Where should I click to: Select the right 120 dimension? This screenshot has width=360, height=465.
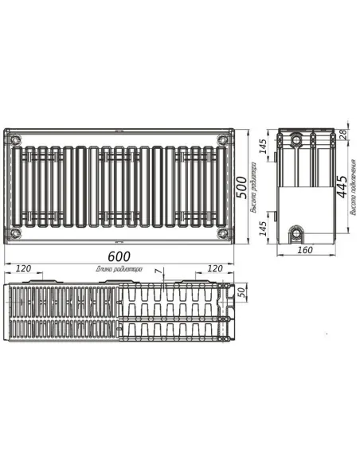[214, 269]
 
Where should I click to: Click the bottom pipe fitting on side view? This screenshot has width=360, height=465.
[297, 235]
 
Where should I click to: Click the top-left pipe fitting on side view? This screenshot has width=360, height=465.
[296, 139]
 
